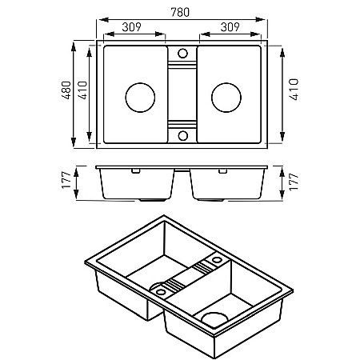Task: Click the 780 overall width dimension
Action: click(180, 12)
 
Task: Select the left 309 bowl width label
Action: click(131, 27)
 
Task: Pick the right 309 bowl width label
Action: click(230, 27)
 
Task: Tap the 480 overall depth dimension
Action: click(66, 90)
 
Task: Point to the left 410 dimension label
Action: click(82, 90)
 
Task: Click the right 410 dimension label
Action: click(294, 90)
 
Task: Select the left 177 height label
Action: click(66, 181)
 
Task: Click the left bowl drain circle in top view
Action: click(140, 98)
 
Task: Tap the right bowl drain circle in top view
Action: click(226, 98)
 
